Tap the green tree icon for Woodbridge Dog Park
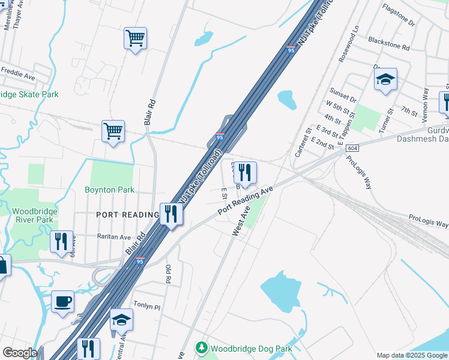tap(202, 347)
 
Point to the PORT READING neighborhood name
tap(127, 214)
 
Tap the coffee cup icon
tap(62, 301)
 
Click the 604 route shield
tap(352, 148)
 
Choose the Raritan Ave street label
tap(114, 237)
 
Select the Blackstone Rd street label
tap(388, 43)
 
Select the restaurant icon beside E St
tap(245, 172)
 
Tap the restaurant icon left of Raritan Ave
tap(61, 241)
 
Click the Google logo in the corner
tap(20, 353)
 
